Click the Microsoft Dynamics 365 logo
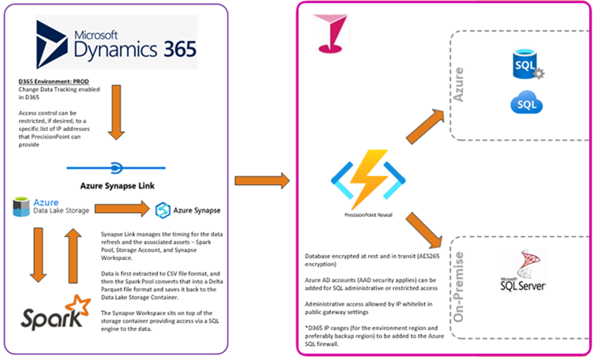115,45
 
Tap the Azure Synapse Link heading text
115,186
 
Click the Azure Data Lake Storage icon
22,208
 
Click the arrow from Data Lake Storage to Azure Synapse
122,209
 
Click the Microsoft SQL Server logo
519,273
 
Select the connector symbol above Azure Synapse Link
115,167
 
